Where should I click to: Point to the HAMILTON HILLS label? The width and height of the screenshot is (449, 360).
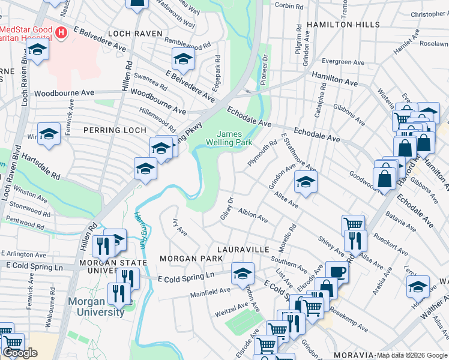click(343, 25)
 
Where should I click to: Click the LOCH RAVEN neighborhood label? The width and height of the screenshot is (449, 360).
click(131, 34)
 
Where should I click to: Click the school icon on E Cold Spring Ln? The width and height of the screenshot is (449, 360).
click(242, 272)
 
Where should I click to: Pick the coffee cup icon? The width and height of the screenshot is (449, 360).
click(337, 271)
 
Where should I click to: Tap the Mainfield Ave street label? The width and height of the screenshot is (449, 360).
click(210, 291)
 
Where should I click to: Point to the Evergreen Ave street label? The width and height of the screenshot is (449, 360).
click(343, 62)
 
